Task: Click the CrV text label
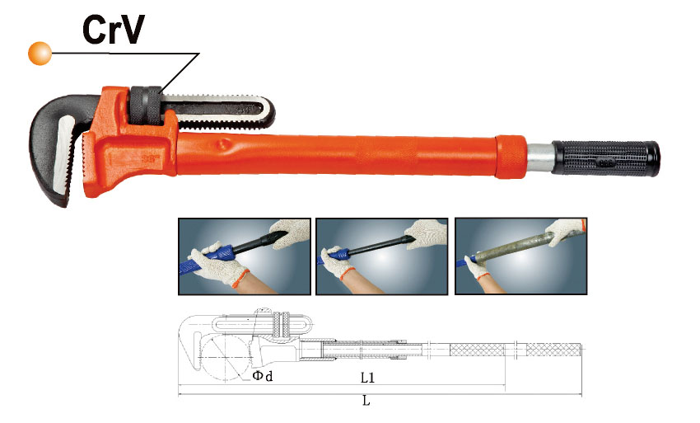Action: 114,30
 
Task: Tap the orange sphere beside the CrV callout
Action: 40,54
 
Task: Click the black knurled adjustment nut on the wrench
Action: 146,106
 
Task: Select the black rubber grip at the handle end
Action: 606,158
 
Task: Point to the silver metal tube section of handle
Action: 539,157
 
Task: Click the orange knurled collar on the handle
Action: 511,157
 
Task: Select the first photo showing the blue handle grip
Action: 245,256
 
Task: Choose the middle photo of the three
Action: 381,256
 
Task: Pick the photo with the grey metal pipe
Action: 520,256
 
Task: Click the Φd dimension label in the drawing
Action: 263,376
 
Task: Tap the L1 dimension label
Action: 367,378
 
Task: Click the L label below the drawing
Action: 366,400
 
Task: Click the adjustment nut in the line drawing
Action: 282,325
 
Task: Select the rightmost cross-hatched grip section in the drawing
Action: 553,350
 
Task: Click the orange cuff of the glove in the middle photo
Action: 347,274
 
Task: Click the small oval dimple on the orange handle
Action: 223,144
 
